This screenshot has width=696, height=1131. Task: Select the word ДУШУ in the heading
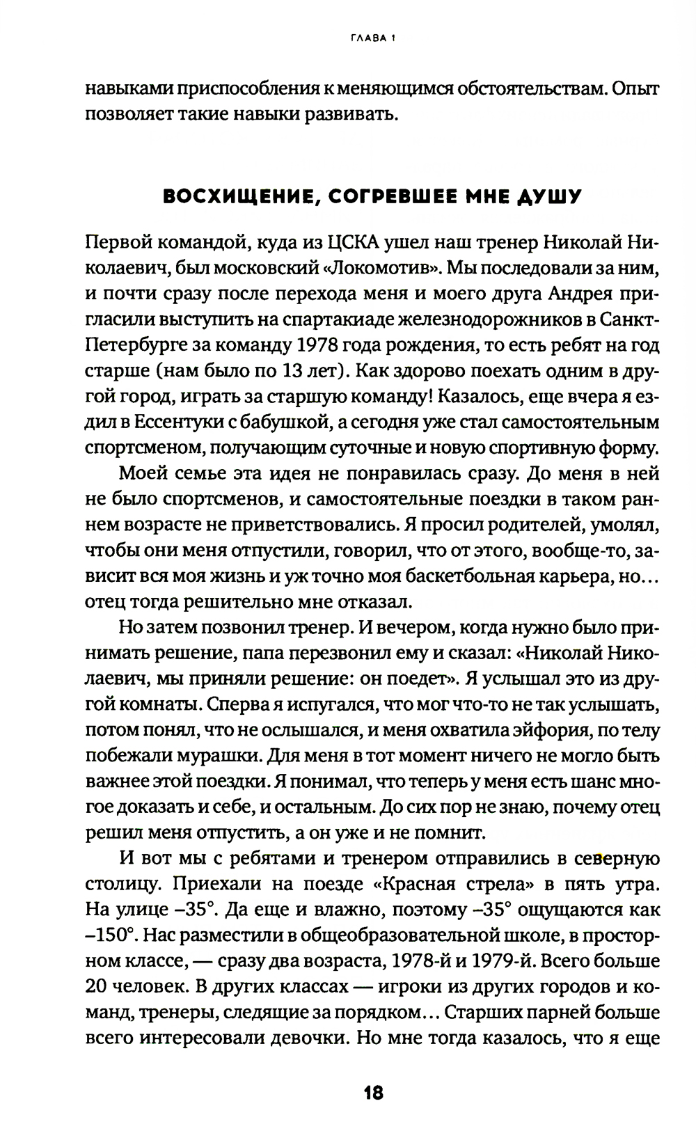[549, 197]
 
